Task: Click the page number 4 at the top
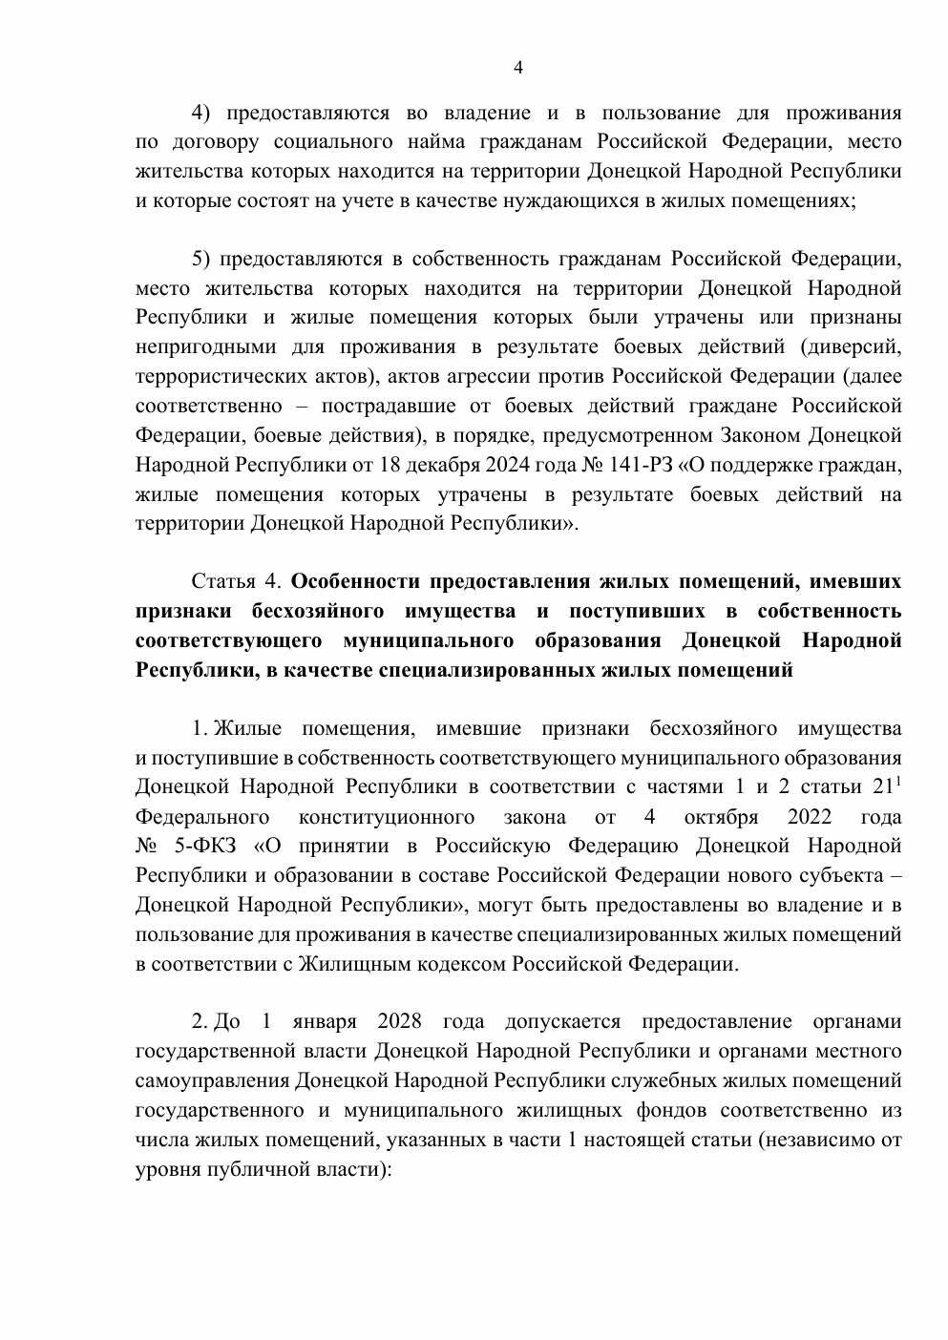pos(518,68)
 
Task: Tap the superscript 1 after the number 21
pos(897,782)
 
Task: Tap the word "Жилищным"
pos(348,964)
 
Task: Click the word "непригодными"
pos(205,347)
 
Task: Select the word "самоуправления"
pos(212,1081)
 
